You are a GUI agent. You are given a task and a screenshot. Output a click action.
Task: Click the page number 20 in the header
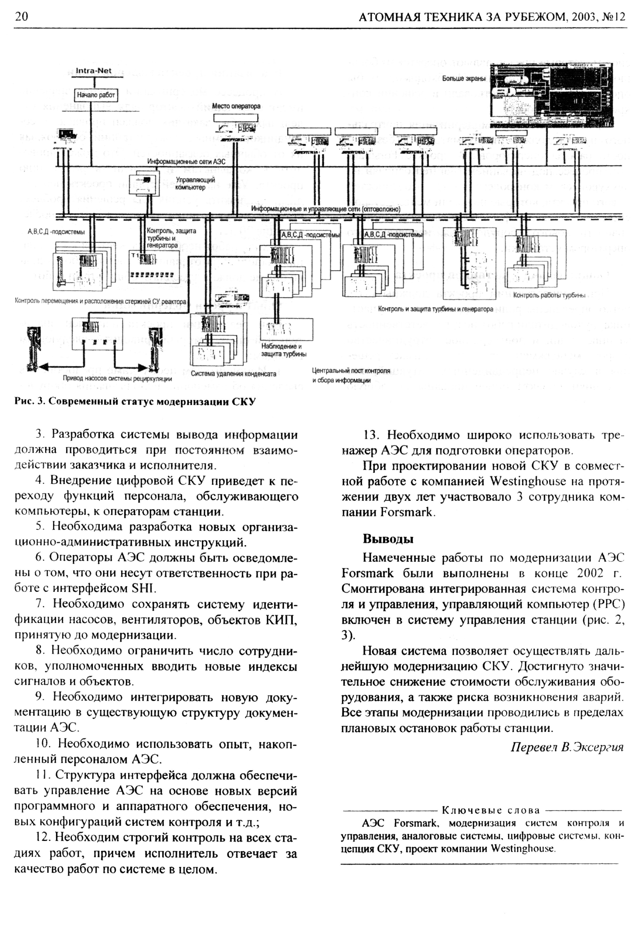21,17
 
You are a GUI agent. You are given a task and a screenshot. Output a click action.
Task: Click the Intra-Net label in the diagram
94,71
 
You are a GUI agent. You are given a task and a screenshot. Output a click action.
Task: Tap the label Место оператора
236,106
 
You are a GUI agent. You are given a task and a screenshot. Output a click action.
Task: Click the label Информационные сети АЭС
186,161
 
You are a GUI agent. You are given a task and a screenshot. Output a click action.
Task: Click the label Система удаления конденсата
234,374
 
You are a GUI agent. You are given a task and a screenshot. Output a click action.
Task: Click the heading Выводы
388,539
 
